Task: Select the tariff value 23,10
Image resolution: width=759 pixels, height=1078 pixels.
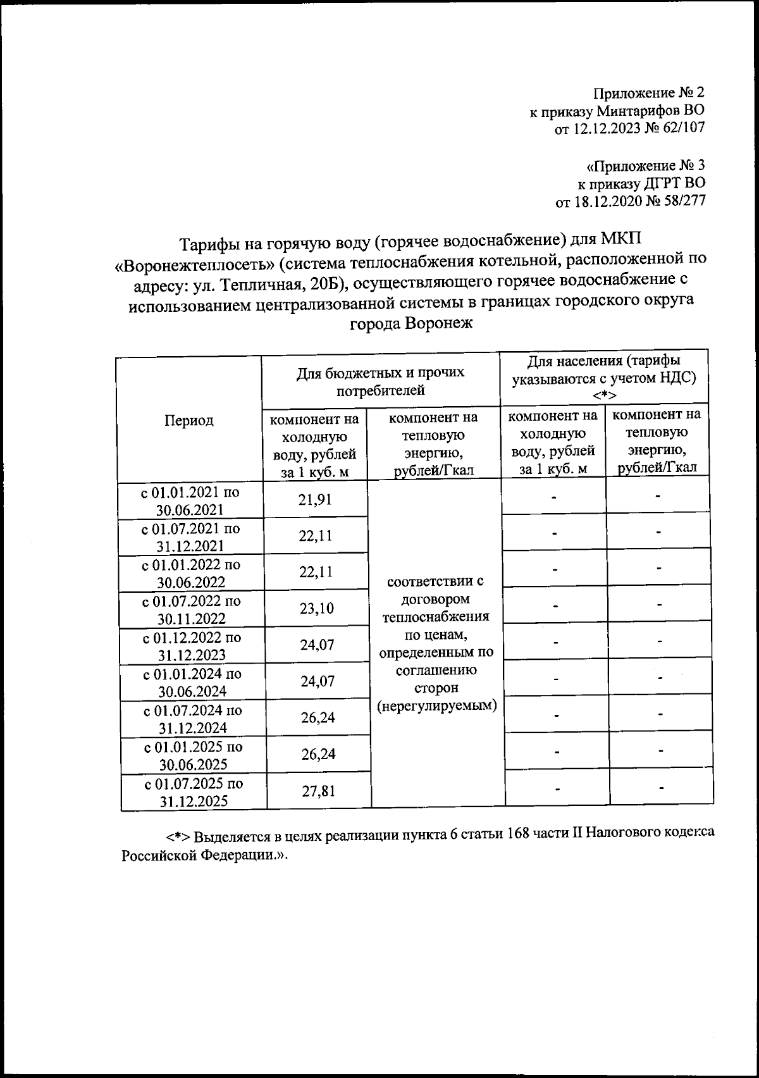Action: (x=316, y=609)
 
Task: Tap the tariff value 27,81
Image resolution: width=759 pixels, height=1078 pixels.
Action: (x=318, y=791)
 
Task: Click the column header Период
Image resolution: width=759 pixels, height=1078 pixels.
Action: (x=189, y=421)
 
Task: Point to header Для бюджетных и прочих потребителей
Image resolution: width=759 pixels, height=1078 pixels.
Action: (x=381, y=381)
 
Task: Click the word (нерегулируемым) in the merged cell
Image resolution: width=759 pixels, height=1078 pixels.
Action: (x=437, y=705)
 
